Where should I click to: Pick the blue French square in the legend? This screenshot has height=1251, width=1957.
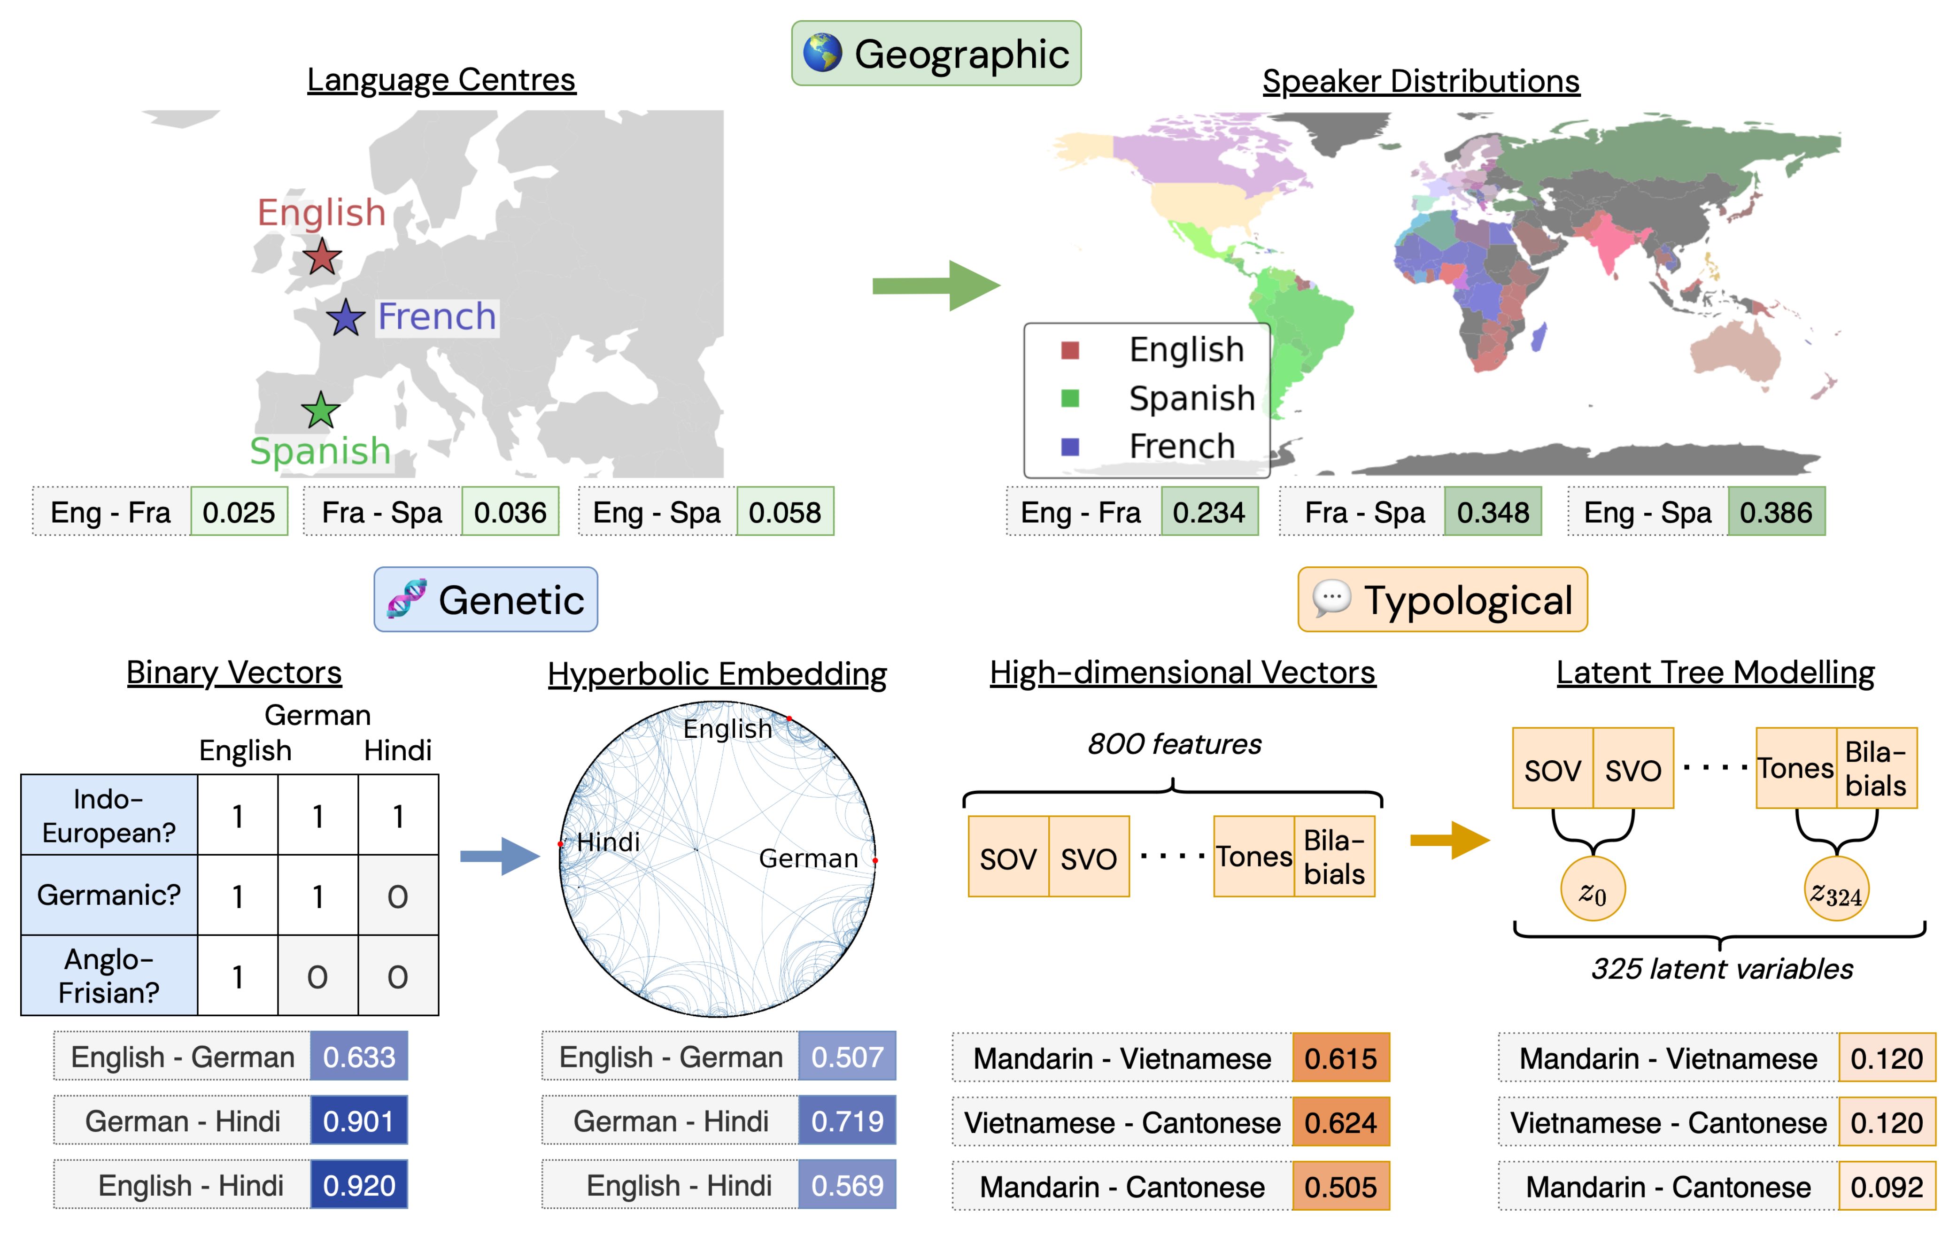pyautogui.click(x=1070, y=446)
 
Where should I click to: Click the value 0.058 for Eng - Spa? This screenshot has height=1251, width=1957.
pyautogui.click(x=784, y=512)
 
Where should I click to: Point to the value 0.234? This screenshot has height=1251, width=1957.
pyautogui.click(x=1208, y=512)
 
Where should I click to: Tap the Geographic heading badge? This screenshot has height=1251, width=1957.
pyautogui.click(x=936, y=54)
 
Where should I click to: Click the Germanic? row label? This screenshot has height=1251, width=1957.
pyautogui.click(x=109, y=895)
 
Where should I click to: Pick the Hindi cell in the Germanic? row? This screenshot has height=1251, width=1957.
pyautogui.click(x=397, y=896)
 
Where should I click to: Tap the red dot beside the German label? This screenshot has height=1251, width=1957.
pyautogui.click(x=874, y=860)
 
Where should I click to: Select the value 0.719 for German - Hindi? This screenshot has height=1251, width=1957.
pyautogui.click(x=847, y=1121)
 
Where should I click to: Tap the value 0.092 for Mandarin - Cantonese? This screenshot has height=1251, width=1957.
pyautogui.click(x=1886, y=1187)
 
